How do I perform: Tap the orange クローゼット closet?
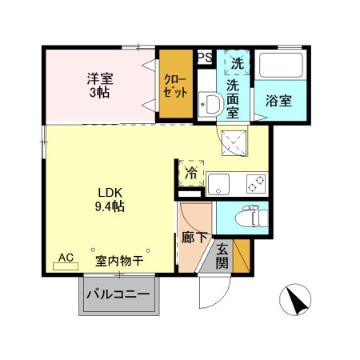pos(174,84)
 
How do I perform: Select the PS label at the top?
pos(205,57)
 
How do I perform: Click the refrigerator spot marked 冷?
pos(191,172)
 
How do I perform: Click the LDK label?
pos(110,192)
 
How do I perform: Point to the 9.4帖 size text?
pos(110,206)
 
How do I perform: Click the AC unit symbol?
pos(67,261)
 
